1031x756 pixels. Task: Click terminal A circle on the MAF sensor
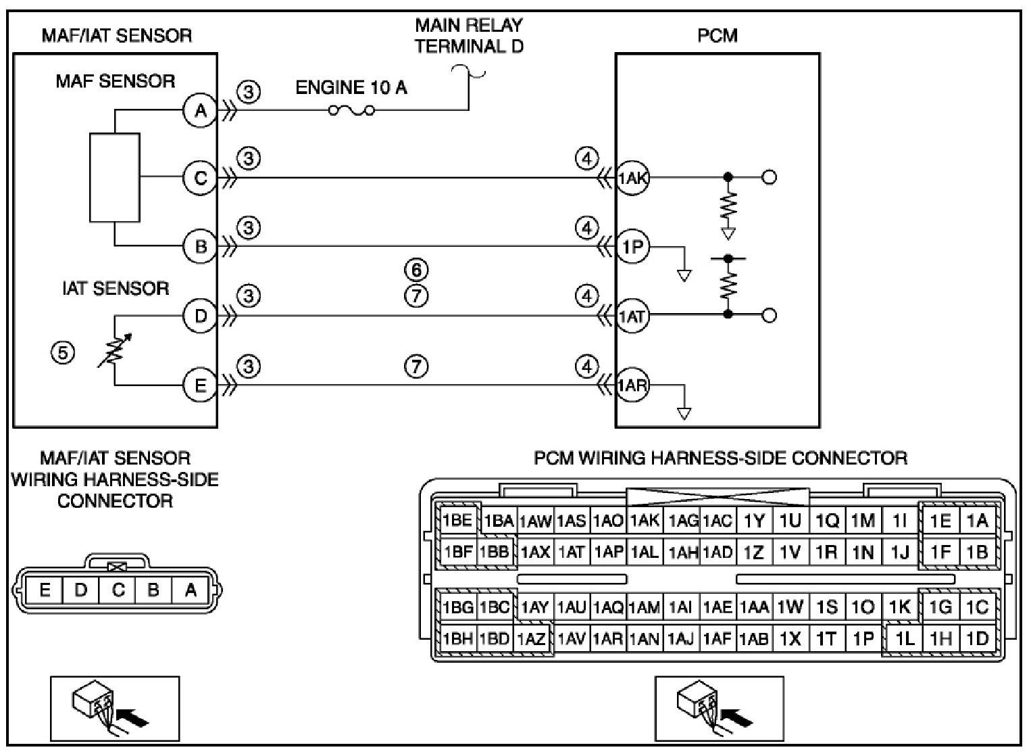tap(200, 111)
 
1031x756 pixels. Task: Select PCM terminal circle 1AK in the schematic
tap(632, 178)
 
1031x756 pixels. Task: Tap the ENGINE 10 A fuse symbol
tap(351, 111)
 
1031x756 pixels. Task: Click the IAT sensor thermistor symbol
tap(115, 350)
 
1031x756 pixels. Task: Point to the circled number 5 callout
tap(63, 353)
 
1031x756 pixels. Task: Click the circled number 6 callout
tap(416, 270)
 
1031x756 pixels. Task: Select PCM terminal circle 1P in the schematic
tap(632, 247)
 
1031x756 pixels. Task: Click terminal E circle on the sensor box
tap(200, 385)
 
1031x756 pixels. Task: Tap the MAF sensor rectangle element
tap(115, 178)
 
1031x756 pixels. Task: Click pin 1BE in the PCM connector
tap(457, 521)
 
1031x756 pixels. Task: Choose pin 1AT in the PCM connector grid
tap(571, 552)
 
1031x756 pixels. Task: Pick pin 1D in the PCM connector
tap(978, 639)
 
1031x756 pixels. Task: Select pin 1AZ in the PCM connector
tap(531, 639)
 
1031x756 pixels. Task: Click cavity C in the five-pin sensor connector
tap(118, 590)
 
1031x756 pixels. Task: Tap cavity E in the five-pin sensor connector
tap(45, 590)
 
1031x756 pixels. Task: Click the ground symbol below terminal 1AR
tap(684, 414)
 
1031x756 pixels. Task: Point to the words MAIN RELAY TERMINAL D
tap(469, 35)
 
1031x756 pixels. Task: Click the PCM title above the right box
tap(717, 35)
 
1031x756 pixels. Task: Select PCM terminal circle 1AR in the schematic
tap(632, 385)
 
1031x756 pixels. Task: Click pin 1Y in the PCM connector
tap(754, 521)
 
